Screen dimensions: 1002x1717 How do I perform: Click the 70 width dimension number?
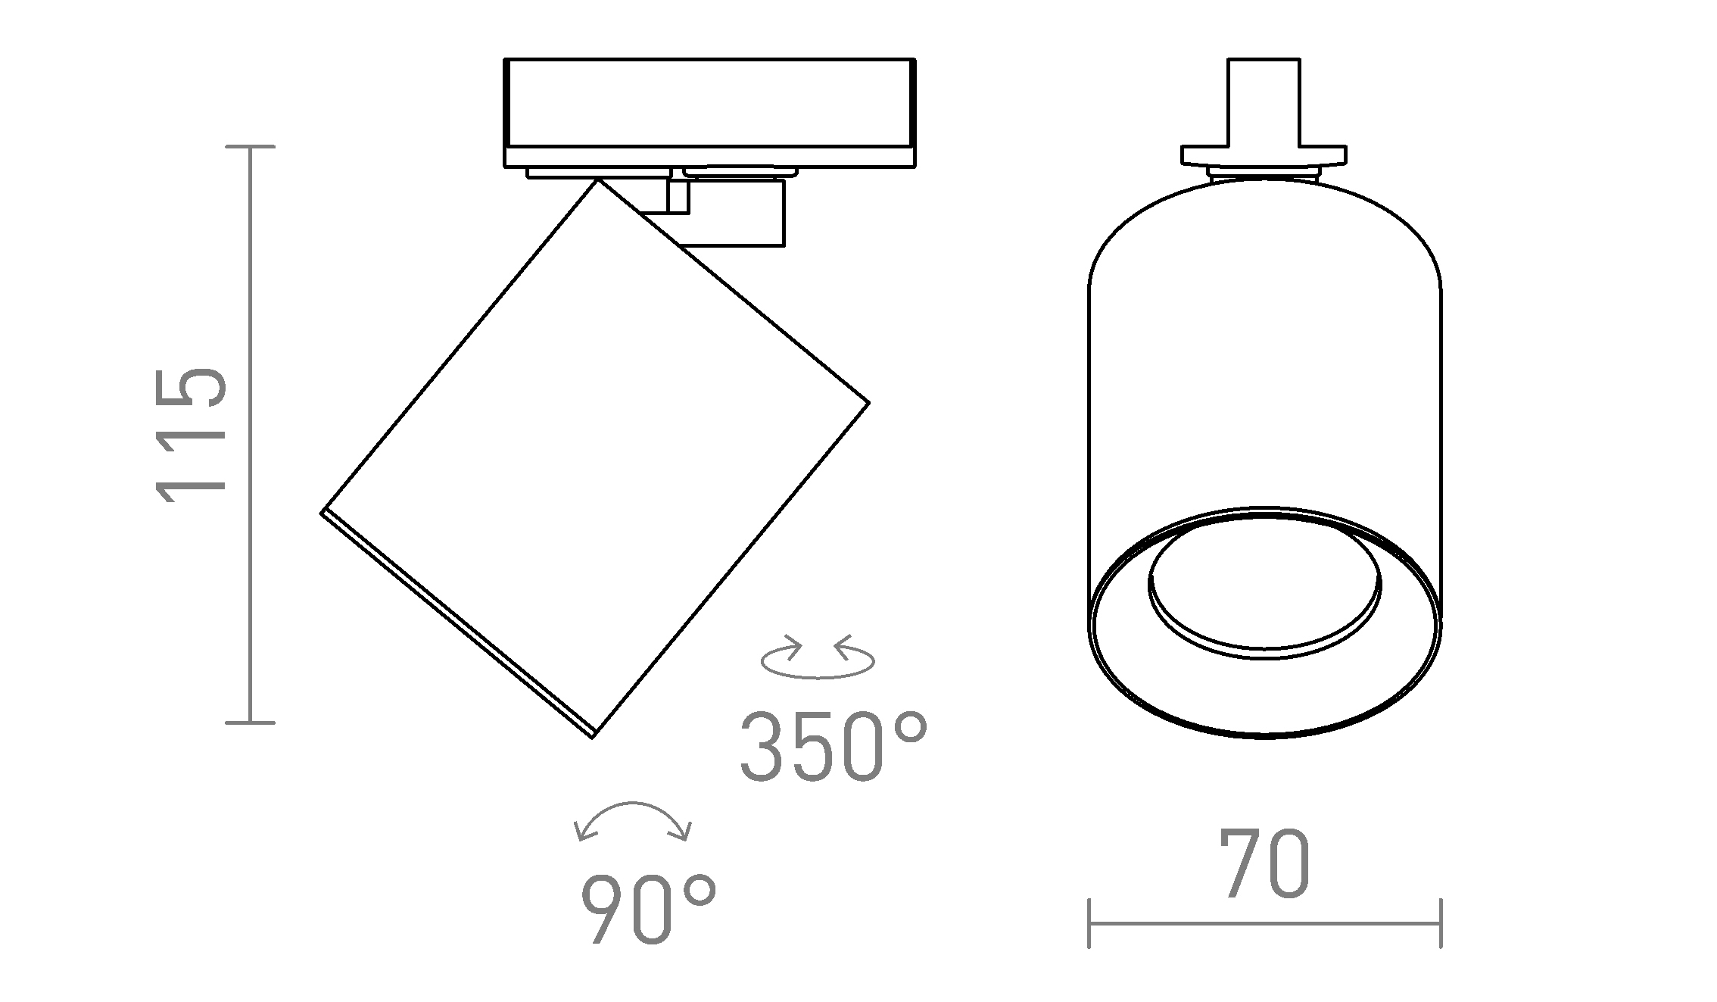pyautogui.click(x=1264, y=865)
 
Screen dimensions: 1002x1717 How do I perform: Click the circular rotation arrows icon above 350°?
pyautogui.click(x=818, y=657)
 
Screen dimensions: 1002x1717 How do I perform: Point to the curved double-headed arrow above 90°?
pyautogui.click(x=633, y=822)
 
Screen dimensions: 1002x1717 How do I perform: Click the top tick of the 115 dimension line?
pyautogui.click(x=251, y=147)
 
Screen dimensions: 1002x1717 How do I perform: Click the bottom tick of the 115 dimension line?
pyautogui.click(x=251, y=723)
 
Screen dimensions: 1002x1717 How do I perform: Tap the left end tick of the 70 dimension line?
pyautogui.click(x=1089, y=923)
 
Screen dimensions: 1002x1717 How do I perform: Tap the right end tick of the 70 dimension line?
pyautogui.click(x=1440, y=923)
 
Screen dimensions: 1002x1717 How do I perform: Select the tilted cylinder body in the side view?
pyautogui.click(x=595, y=458)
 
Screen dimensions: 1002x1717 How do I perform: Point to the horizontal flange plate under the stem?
pyautogui.click(x=1264, y=156)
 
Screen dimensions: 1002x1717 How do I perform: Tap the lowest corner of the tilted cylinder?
pyautogui.click(x=593, y=735)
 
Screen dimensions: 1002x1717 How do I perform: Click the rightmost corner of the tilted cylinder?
pyautogui.click(x=868, y=402)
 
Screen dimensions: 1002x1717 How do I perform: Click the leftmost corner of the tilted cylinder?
pyautogui.click(x=324, y=511)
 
